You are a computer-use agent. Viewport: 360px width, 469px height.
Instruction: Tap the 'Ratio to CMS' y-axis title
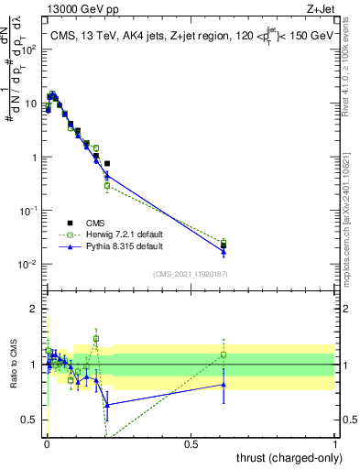pos(13,365)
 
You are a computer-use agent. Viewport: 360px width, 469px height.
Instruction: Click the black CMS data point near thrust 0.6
pos(224,245)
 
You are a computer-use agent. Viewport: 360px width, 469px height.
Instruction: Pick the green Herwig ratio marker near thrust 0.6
pos(224,354)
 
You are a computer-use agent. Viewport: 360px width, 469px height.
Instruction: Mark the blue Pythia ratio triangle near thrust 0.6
pos(224,385)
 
